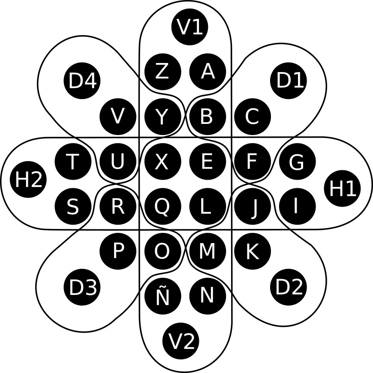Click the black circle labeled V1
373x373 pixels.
pyautogui.click(x=190, y=27)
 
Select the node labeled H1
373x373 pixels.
pyautogui.click(x=342, y=188)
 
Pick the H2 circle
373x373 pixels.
pyautogui.click(x=28, y=180)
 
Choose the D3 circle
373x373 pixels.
pyautogui.click(x=82, y=287)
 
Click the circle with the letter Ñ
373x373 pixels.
pyautogui.click(x=162, y=296)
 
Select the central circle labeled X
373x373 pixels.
pyautogui.click(x=162, y=162)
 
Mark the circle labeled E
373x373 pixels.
pyautogui.click(x=207, y=162)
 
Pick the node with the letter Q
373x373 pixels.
pyautogui.click(x=162, y=207)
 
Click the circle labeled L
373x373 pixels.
pyautogui.click(x=207, y=207)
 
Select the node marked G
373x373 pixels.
pyautogui.click(x=297, y=162)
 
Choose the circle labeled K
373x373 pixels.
pyautogui.click(x=252, y=251)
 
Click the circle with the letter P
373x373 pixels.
pyautogui.click(x=118, y=251)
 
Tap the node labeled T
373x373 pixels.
pyautogui.click(x=73, y=162)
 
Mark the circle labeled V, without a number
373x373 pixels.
pyautogui.click(x=118, y=116)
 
